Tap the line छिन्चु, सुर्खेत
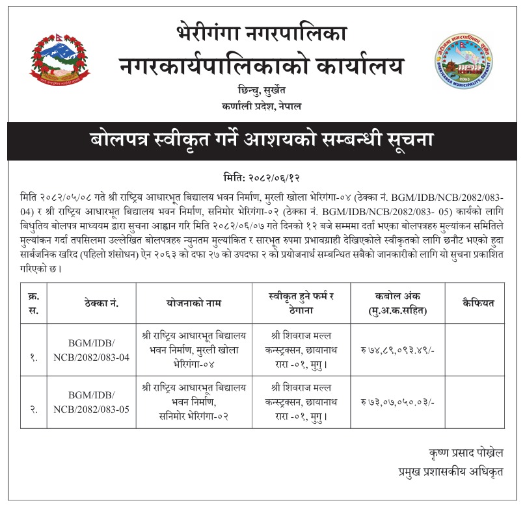coord(262,90)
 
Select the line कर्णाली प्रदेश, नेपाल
coord(262,106)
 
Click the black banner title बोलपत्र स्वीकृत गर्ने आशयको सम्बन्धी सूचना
coord(262,140)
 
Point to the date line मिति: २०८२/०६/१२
coord(262,177)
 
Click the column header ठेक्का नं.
coord(101,303)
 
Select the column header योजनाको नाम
coord(194,303)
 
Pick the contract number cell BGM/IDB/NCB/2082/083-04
coord(101,349)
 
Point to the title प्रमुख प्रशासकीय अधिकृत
coord(451,470)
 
